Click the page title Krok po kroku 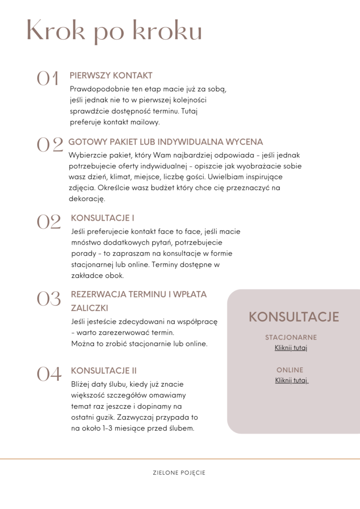[114, 31]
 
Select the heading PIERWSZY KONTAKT [111, 76]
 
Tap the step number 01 [48, 79]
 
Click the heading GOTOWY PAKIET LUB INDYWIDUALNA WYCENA [166, 142]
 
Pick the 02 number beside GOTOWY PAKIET [50, 145]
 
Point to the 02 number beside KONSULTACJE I [49, 222]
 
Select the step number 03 [49, 298]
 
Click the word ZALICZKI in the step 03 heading [90, 308]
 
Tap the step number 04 [49, 374]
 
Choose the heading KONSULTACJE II [104, 371]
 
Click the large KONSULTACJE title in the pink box [294, 317]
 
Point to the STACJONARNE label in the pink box [291, 338]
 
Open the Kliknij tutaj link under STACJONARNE [291, 347]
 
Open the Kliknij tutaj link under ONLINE [291, 380]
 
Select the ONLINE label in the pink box [290, 370]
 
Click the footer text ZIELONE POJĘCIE [179, 473]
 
